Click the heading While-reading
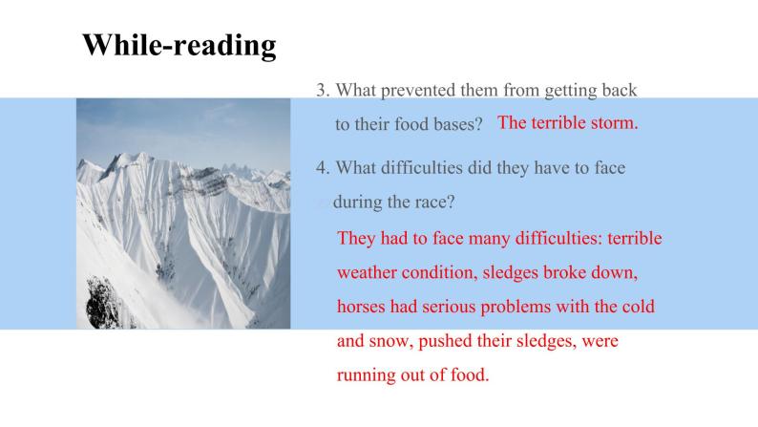tap(179, 46)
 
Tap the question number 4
tap(323, 168)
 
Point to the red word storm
tap(615, 123)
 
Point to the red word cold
tap(638, 307)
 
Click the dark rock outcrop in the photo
tap(102, 302)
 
